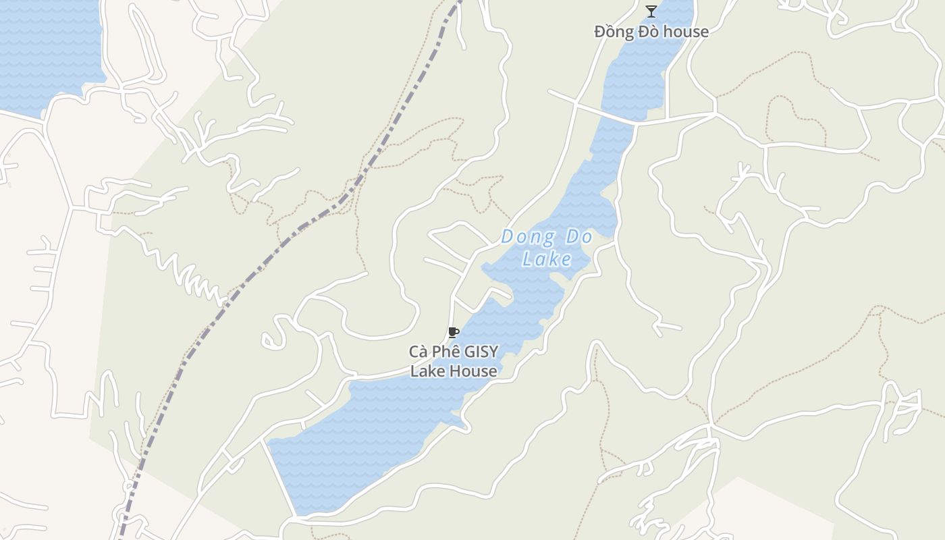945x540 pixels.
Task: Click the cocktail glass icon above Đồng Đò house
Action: tap(651, 11)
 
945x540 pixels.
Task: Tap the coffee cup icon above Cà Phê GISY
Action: tap(454, 332)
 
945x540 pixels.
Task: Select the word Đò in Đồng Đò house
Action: tap(652, 32)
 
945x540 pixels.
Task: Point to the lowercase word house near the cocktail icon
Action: tap(688, 32)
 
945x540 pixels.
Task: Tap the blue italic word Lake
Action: tap(547, 259)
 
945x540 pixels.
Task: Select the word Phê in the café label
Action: tap(446, 352)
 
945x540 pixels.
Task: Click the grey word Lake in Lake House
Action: tap(428, 371)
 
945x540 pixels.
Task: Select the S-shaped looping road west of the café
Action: tap(273, 335)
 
